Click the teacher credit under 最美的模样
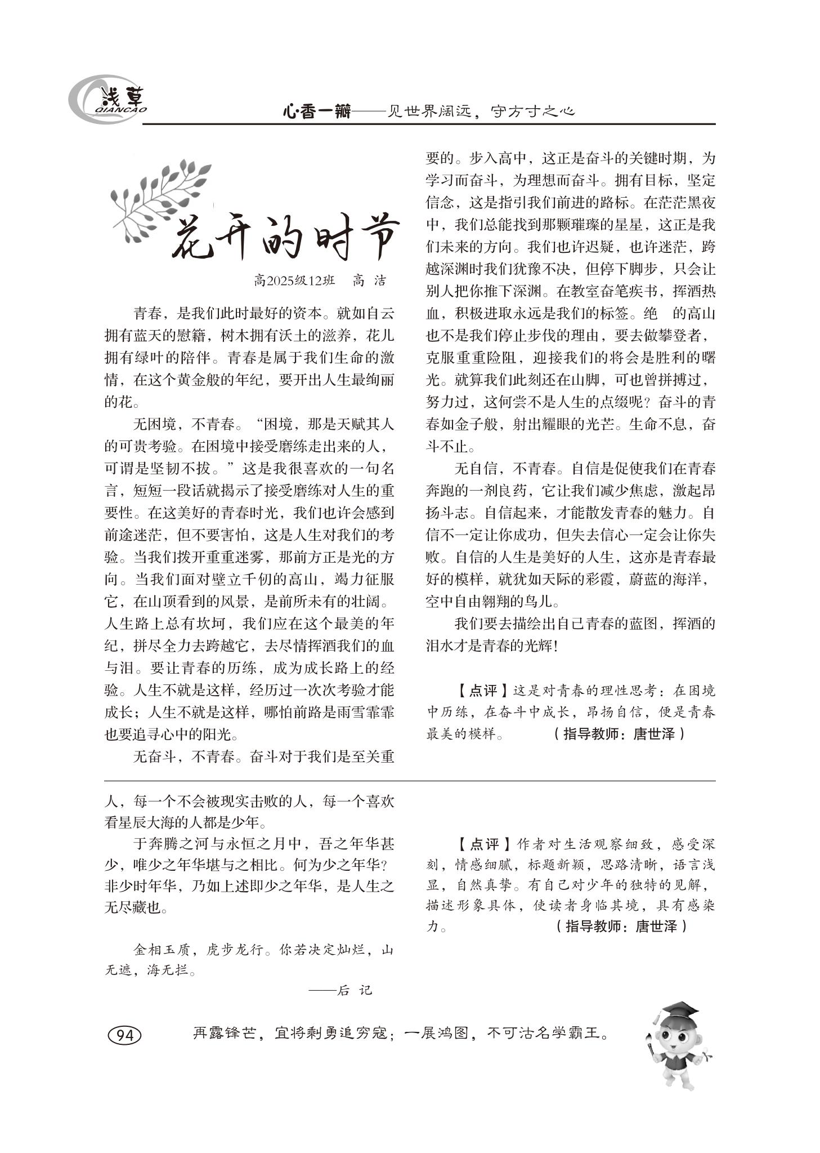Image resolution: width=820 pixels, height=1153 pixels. pos(619,734)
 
